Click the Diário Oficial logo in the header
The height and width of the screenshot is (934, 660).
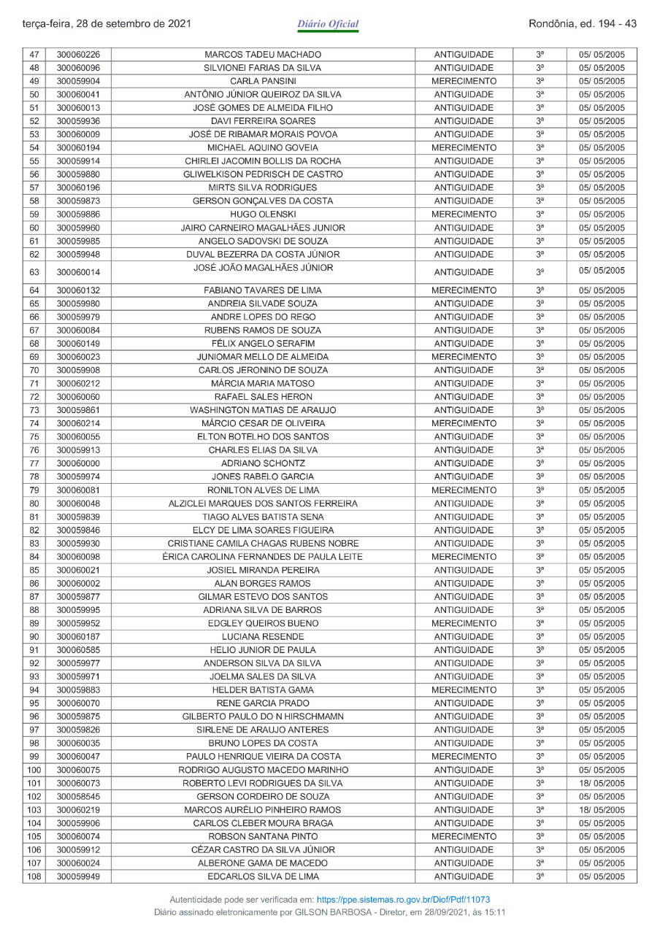point(329,25)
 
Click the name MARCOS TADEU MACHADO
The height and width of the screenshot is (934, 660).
point(263,55)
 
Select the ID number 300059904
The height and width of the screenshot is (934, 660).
point(79,81)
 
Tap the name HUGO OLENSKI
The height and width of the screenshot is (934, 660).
point(263,215)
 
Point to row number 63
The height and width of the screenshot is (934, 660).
point(34,272)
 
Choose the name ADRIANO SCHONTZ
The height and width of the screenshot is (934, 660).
point(263,463)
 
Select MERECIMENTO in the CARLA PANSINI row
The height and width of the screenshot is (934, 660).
point(464,81)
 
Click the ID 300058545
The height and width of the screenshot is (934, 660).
point(79,797)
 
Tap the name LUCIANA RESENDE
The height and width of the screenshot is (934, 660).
point(263,637)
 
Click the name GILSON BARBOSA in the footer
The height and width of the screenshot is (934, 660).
point(350,913)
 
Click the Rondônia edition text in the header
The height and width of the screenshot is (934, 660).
point(582,23)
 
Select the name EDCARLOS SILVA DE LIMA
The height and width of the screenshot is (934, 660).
point(263,876)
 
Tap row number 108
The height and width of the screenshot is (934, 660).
point(34,876)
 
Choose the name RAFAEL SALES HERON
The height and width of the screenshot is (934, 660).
point(263,397)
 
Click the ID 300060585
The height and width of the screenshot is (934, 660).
point(79,650)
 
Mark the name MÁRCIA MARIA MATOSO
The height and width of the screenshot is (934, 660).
point(263,384)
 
